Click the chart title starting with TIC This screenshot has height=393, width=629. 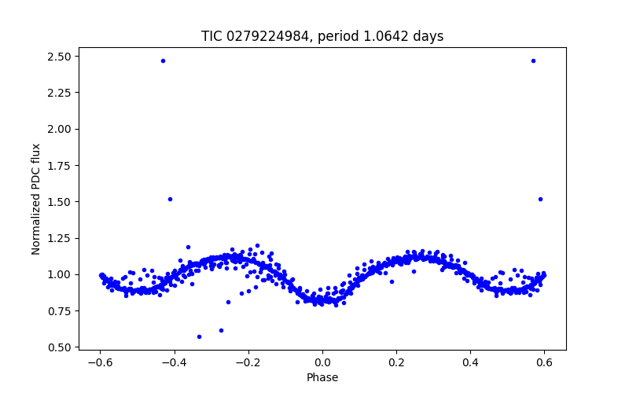(322, 36)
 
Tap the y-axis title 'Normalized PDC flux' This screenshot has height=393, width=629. (36, 199)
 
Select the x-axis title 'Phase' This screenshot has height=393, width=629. (322, 377)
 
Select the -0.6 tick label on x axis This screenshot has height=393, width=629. (100, 362)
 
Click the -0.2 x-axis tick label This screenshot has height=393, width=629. (248, 362)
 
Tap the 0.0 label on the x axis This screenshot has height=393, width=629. (322, 362)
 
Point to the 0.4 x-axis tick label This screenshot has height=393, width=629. (470, 362)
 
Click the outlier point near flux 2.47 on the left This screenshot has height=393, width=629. (163, 61)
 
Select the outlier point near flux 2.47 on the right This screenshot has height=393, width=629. (533, 61)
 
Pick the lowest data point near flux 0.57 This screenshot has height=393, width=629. (199, 336)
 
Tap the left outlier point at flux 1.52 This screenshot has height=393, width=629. (170, 199)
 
